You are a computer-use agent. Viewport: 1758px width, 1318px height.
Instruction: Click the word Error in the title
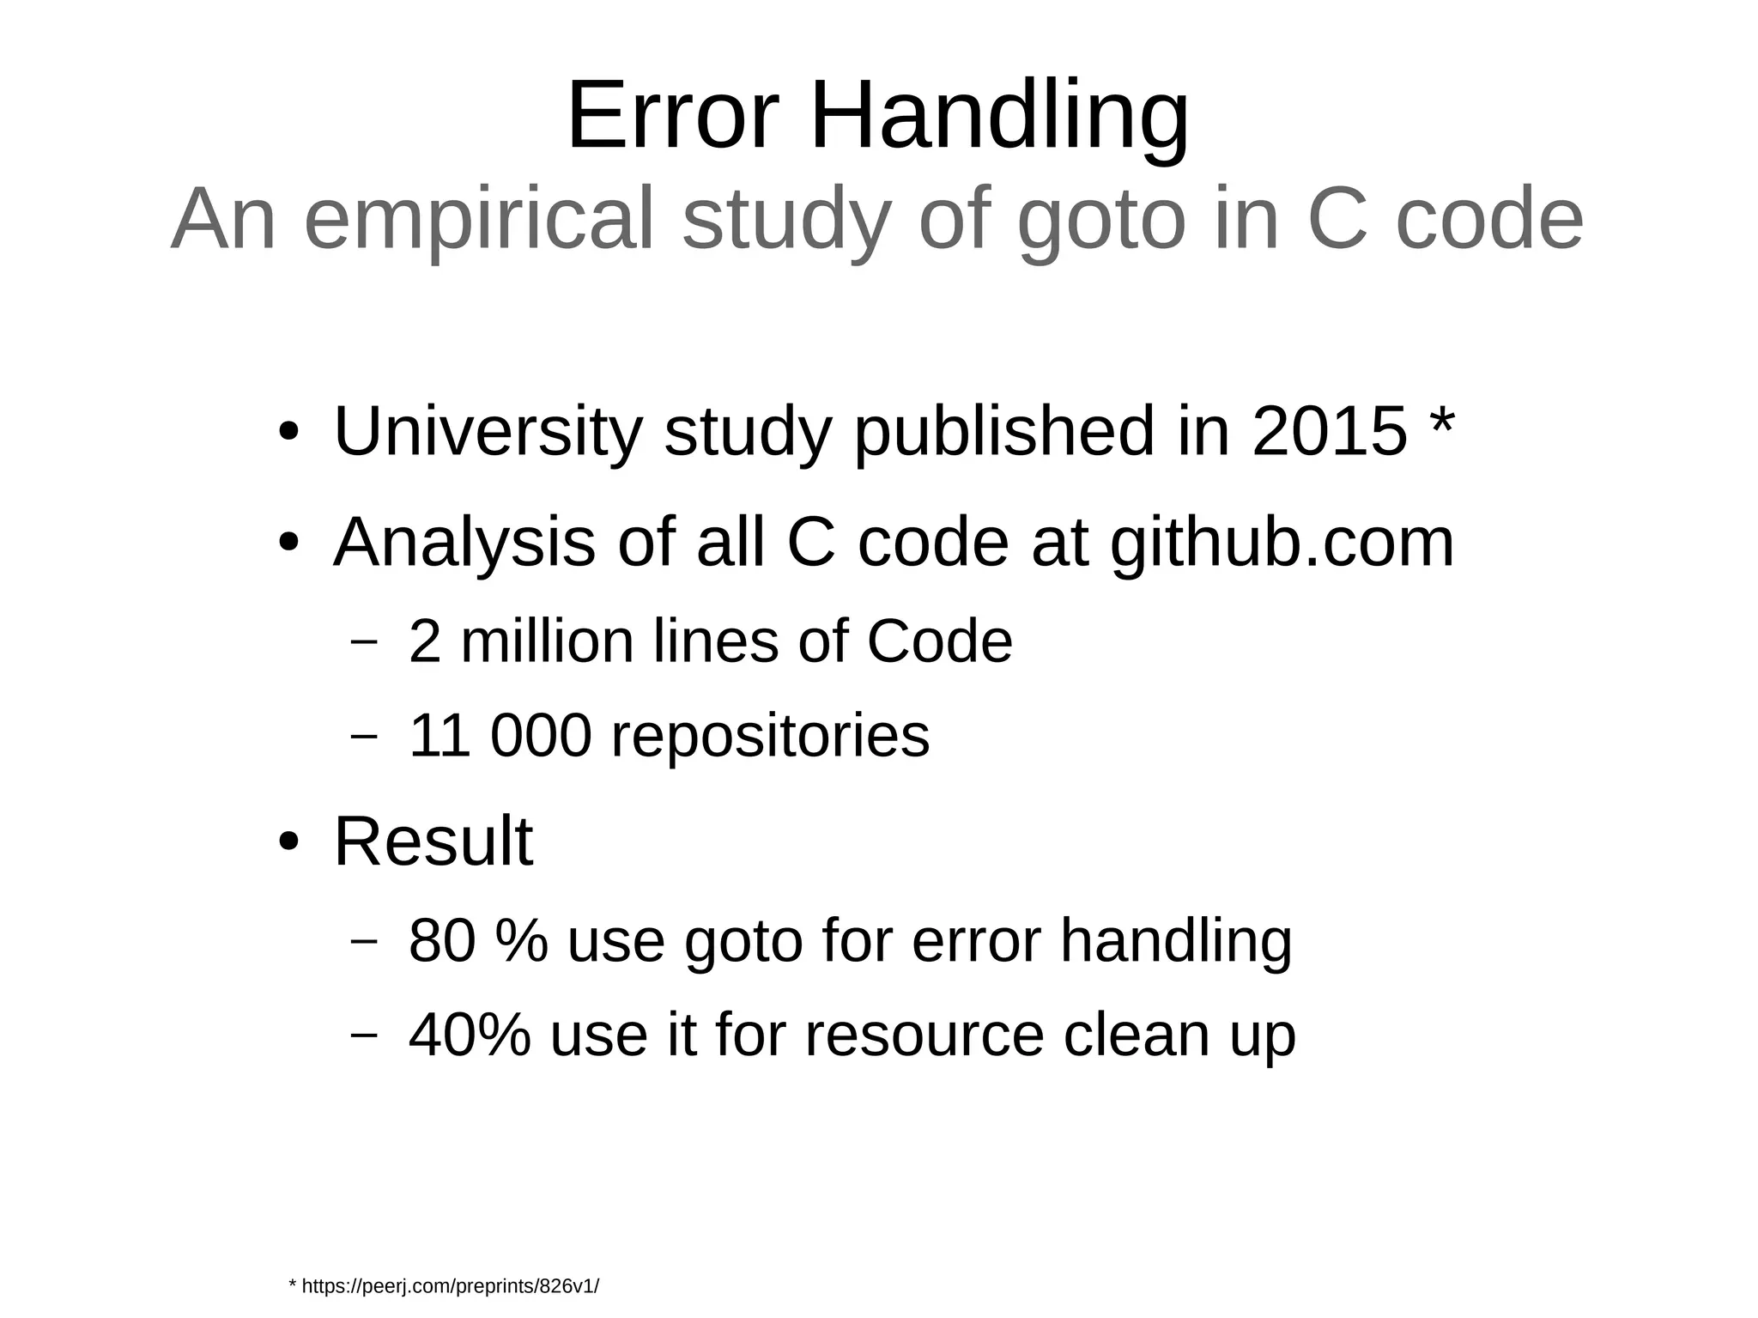(672, 116)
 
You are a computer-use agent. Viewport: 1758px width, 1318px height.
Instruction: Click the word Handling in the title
(999, 118)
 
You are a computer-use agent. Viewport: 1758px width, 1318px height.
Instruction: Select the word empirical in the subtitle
(479, 221)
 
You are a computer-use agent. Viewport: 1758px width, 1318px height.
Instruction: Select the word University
(488, 431)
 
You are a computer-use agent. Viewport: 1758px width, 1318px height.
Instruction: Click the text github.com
(1282, 544)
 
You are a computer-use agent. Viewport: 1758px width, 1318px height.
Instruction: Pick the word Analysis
(464, 543)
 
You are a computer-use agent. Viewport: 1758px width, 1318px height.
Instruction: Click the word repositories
(770, 737)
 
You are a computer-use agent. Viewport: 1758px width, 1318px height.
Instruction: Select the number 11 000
(500, 736)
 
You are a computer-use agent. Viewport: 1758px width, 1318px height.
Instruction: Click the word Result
(433, 841)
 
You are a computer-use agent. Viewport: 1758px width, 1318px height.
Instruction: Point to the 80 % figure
(478, 940)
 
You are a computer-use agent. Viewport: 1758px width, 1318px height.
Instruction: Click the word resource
(924, 1035)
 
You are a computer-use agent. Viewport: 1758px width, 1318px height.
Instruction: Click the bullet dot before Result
(289, 842)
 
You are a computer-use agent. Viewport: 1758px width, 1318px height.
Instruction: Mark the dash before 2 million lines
(364, 641)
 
